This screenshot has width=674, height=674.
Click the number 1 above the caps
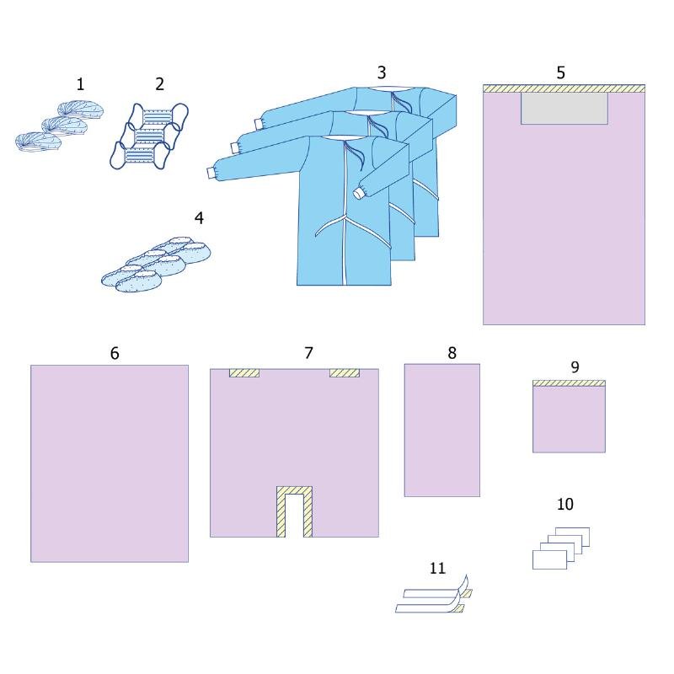(x=80, y=84)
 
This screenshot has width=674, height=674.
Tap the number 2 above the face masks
(x=160, y=84)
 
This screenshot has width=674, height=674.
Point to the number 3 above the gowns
(x=382, y=72)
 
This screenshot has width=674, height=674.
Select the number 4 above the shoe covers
(x=199, y=218)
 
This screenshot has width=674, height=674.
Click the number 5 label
(x=561, y=72)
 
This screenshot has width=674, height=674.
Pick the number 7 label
(x=308, y=353)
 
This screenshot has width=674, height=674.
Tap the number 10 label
(x=565, y=504)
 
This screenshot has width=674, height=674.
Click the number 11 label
(x=437, y=568)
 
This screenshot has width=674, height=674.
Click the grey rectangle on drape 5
(x=564, y=109)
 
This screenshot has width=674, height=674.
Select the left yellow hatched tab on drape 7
(x=244, y=373)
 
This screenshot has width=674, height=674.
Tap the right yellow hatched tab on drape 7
(x=345, y=373)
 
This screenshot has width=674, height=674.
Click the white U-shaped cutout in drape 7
(x=294, y=516)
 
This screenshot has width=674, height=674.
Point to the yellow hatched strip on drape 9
(x=570, y=383)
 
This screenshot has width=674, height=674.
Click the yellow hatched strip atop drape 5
(x=564, y=88)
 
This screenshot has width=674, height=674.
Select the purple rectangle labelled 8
(x=441, y=431)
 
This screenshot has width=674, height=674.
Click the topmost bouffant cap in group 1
(x=80, y=110)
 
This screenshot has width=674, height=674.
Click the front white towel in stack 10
(x=549, y=559)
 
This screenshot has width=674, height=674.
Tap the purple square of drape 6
(x=110, y=463)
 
